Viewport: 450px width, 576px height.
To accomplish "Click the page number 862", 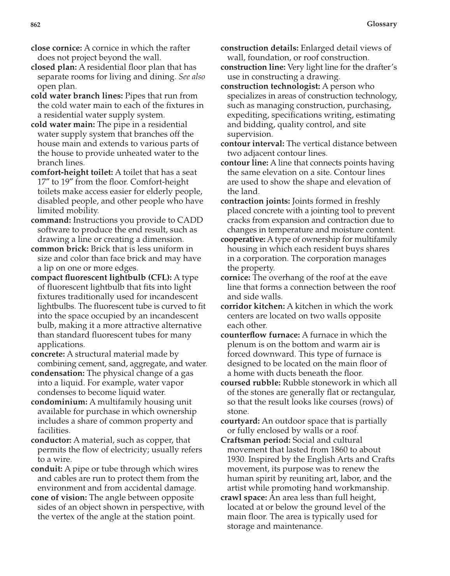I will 35,25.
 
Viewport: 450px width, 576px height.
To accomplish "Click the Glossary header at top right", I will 381,24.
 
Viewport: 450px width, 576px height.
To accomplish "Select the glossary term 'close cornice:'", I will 56,48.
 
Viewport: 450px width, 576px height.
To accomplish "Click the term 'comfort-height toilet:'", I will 72,172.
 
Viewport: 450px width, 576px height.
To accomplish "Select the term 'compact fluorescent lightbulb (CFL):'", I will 101,277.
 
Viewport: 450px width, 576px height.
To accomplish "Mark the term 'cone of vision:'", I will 59,497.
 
